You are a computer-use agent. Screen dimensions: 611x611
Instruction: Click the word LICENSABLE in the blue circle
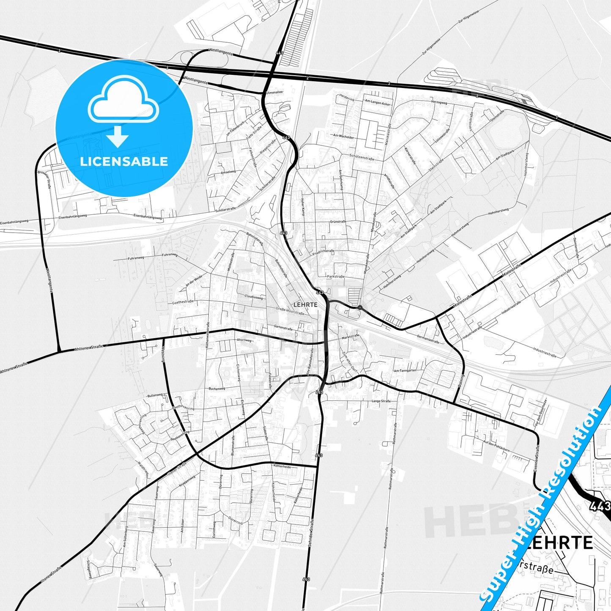point(124,162)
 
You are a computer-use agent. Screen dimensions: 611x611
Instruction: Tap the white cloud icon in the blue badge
point(123,103)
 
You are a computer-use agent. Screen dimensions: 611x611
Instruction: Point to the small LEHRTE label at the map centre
point(305,304)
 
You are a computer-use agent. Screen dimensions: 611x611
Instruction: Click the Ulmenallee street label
point(274,92)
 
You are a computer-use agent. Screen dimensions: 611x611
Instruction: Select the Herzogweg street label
point(439,102)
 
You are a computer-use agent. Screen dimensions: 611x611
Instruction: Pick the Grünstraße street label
point(338,222)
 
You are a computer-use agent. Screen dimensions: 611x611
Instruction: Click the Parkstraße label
point(336,277)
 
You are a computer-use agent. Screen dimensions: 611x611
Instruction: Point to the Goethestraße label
point(183,302)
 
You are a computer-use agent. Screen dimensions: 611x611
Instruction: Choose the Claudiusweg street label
point(253,297)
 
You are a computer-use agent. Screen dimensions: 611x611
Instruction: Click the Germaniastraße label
point(428,339)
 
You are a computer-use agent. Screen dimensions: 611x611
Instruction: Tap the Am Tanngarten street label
point(405,370)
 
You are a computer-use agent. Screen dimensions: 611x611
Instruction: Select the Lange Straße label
point(381,401)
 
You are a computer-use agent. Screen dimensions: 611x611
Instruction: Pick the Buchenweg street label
point(216,388)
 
